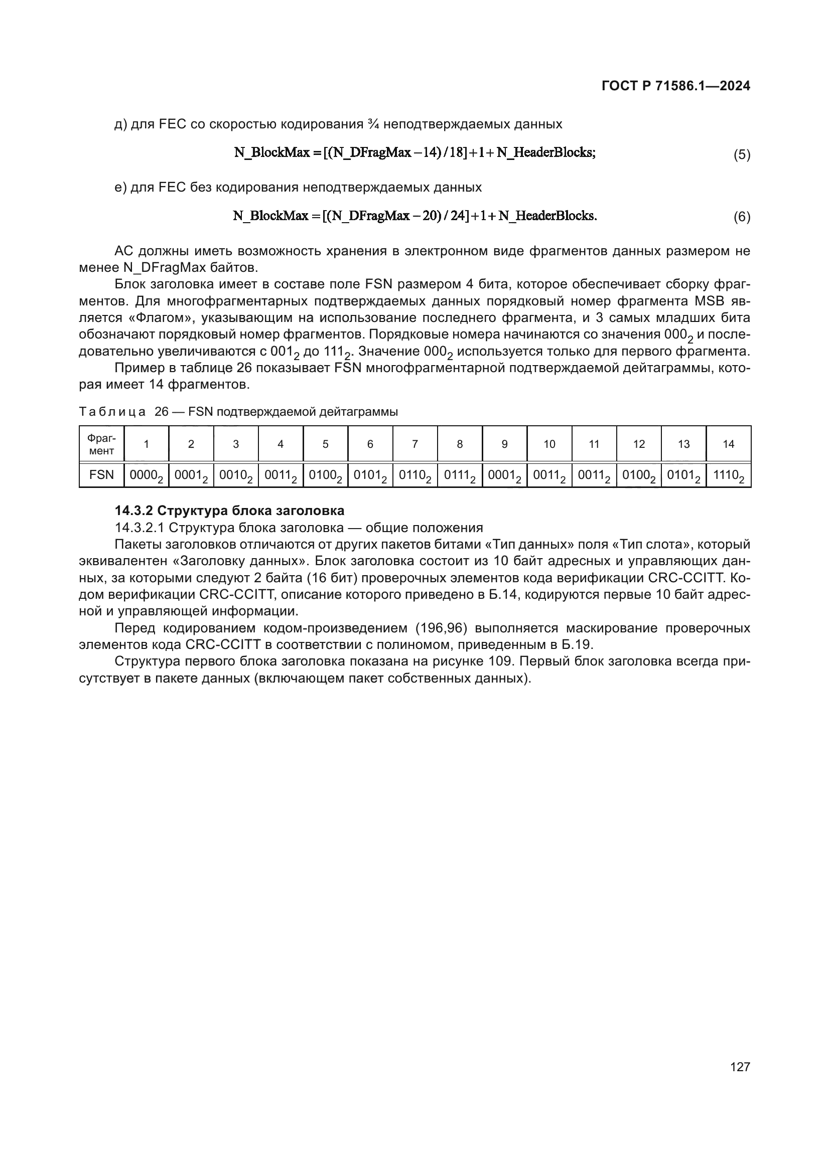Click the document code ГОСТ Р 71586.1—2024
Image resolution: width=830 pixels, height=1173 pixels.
[675, 86]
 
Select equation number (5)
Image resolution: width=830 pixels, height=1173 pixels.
[742, 154]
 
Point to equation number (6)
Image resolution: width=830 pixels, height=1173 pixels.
[742, 217]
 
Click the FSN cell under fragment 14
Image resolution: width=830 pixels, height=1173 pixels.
[728, 475]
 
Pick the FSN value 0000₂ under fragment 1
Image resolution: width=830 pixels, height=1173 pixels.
[146, 475]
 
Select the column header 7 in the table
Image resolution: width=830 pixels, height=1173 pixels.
[414, 444]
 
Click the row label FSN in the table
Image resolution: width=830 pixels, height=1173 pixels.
[101, 475]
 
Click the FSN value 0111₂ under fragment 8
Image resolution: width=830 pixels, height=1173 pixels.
[460, 475]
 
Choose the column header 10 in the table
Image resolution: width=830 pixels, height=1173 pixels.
[549, 444]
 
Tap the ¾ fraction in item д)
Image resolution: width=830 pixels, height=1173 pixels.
[372, 124]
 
